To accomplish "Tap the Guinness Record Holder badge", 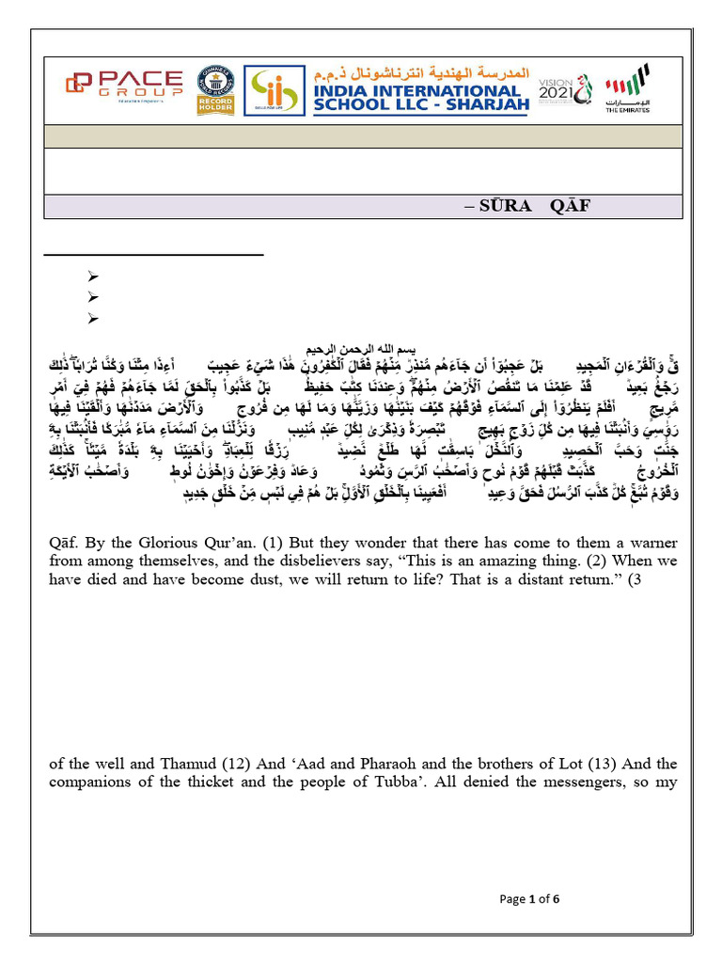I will [x=215, y=90].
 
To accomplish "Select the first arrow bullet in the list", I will [x=92, y=276].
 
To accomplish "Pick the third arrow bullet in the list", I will [x=92, y=319].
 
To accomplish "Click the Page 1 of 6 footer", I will [x=529, y=899].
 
